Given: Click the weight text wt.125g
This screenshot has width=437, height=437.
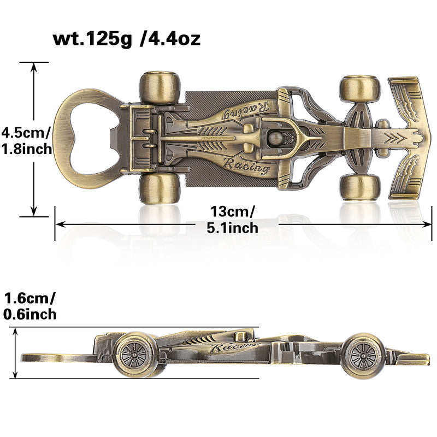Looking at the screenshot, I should pyautogui.click(x=92, y=39).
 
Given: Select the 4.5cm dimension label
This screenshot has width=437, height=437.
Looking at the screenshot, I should pyautogui.click(x=26, y=132).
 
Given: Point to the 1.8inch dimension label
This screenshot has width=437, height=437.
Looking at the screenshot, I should pyautogui.click(x=26, y=148).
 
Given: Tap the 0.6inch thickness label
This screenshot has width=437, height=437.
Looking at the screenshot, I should pyautogui.click(x=29, y=314).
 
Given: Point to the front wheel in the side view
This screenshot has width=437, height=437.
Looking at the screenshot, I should pyautogui.click(x=361, y=356).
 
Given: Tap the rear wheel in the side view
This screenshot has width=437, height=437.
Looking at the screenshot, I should pyautogui.click(x=134, y=355).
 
